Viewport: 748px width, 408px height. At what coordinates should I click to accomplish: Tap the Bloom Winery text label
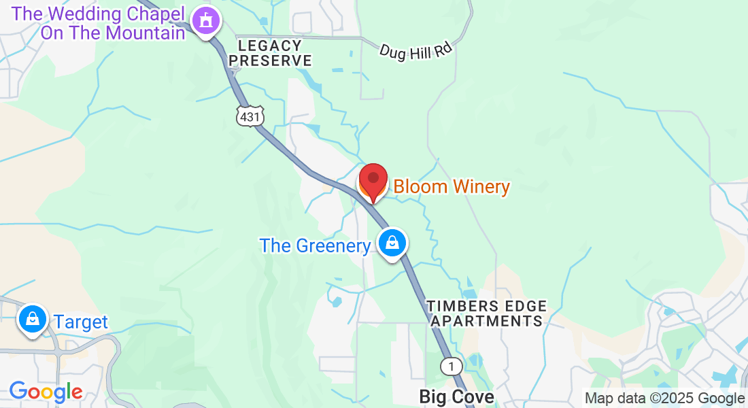click(x=452, y=186)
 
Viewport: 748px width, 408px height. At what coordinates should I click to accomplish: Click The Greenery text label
click(x=314, y=245)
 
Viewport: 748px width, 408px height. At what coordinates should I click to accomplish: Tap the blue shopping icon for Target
click(x=32, y=318)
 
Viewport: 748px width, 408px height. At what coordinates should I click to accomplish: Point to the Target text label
click(x=81, y=322)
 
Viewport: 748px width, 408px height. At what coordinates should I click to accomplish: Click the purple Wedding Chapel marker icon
click(x=206, y=20)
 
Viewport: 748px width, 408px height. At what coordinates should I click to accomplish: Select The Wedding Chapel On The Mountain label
click(x=99, y=22)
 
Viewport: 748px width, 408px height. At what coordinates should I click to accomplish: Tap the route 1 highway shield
click(x=450, y=367)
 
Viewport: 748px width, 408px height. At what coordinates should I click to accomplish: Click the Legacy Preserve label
click(x=270, y=53)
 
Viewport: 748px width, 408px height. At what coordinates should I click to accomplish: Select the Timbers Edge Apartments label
click(x=487, y=313)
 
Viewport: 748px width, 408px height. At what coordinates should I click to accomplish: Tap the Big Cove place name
click(x=456, y=396)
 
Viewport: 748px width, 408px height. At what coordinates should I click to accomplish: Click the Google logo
click(x=46, y=392)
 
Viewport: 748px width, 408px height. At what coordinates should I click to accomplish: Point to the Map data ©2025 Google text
click(x=664, y=398)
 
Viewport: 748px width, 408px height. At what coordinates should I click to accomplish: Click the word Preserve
click(x=270, y=61)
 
